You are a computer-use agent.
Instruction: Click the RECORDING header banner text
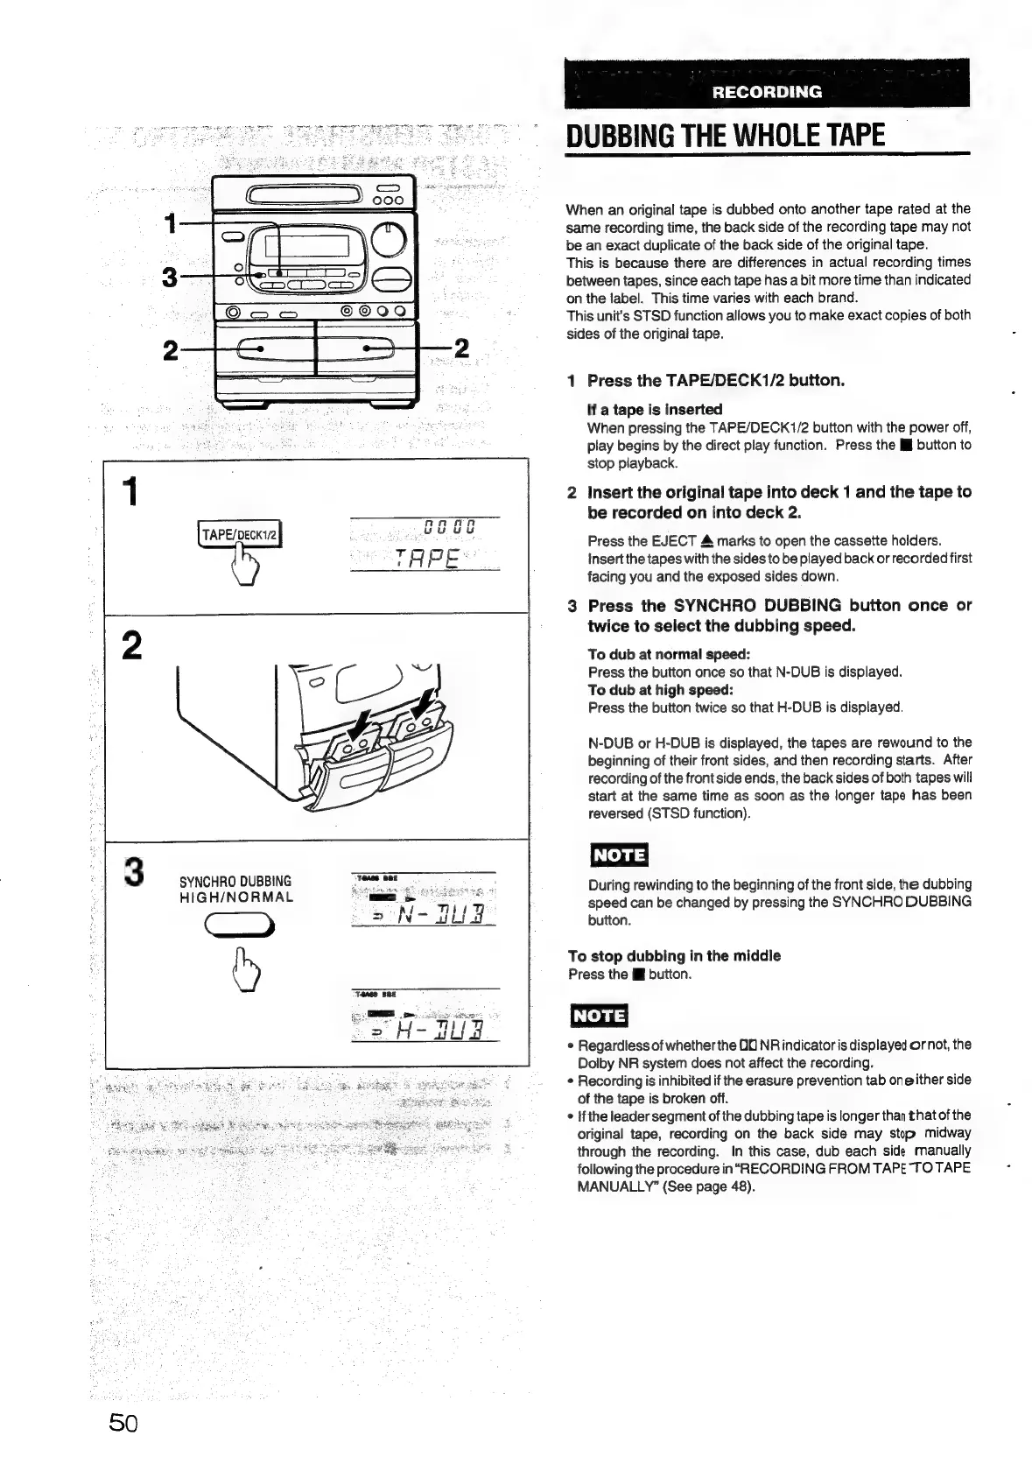(x=767, y=91)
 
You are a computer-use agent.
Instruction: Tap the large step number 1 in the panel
(x=130, y=492)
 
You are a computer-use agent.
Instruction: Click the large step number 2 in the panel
(x=131, y=646)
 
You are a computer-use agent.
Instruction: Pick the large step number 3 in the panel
(x=133, y=872)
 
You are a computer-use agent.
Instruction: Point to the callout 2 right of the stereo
(x=461, y=348)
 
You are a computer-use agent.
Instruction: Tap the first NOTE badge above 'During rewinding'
(x=618, y=855)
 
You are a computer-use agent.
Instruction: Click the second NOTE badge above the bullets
(x=599, y=1015)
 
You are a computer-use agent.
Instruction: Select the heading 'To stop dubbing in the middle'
(x=674, y=955)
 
